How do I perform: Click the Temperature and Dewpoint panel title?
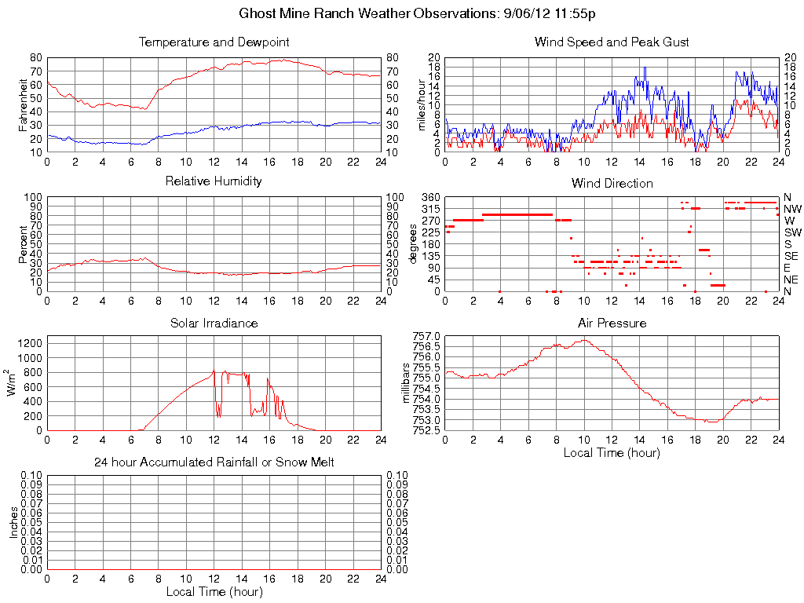[x=214, y=42]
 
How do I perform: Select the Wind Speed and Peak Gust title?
[x=612, y=42]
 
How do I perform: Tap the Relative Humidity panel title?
[x=214, y=181]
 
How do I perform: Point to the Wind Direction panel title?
[x=612, y=184]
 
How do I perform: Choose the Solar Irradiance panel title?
[x=214, y=323]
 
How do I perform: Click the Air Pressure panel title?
[x=612, y=323]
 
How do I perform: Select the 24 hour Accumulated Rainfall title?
[x=214, y=462]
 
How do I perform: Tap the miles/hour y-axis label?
[x=421, y=104]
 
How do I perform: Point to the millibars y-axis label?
[x=406, y=383]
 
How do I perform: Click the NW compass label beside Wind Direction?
[x=792, y=209]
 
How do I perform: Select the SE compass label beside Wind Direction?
[x=792, y=256]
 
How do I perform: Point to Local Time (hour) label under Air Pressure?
[x=612, y=452]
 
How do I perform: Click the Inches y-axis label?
[x=13, y=522]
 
